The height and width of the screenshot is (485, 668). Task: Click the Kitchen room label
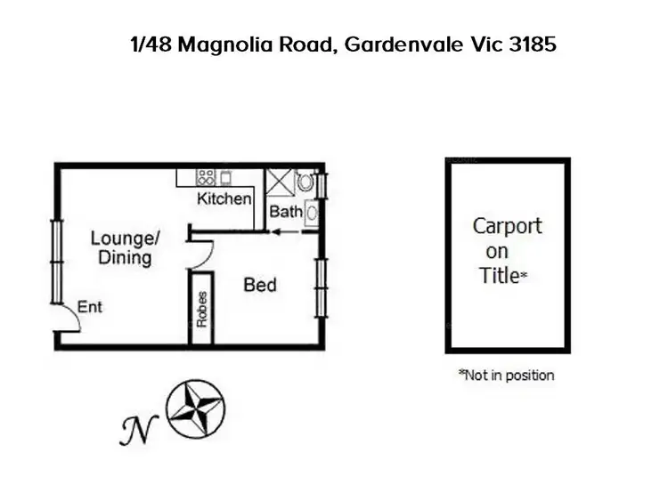pos(224,198)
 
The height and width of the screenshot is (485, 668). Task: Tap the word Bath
pos(286,212)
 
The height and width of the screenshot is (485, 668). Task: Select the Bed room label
pos(260,286)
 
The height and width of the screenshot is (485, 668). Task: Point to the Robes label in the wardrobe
pos(202,309)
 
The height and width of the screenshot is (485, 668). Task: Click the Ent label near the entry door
pos(90,307)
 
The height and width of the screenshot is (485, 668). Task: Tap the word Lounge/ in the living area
pos(126,238)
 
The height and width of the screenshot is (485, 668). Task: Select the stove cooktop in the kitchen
pos(205,176)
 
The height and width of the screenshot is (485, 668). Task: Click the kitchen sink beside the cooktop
pos(225,176)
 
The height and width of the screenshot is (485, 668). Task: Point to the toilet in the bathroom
pos(305,182)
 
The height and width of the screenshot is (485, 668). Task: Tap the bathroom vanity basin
pos(312,213)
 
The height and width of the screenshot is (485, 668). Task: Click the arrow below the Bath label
pos(285,231)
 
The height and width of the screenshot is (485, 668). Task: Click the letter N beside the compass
pos(133,429)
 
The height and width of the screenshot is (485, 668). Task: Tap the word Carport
pos(507,226)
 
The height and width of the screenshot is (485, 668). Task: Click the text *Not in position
pos(506,375)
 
